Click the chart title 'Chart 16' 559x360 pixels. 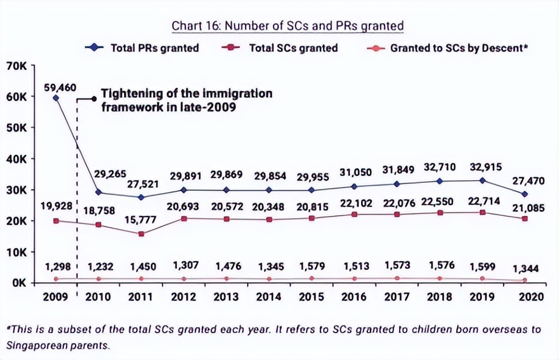point(287,26)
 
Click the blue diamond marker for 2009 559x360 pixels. point(56,98)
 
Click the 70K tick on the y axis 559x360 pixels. point(16,66)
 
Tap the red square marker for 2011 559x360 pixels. point(141,234)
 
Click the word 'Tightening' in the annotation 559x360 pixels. point(132,93)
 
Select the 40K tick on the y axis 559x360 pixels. point(16,159)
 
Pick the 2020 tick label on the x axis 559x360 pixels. point(528,296)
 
